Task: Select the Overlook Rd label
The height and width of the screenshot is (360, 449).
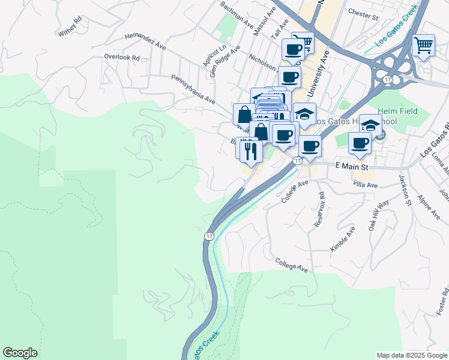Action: coord(121,58)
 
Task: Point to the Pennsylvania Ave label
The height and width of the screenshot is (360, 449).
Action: coord(193,88)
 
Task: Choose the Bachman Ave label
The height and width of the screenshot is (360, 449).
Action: coord(237,14)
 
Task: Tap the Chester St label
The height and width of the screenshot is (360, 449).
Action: coord(363,14)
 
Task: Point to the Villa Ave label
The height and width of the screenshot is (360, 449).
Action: coord(365,185)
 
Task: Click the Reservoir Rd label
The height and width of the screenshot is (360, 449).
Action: coord(320,209)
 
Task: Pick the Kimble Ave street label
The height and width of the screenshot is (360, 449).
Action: coord(343,239)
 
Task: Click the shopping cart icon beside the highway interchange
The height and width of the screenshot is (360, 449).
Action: coord(424,46)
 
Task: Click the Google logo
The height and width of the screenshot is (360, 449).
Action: coord(20,353)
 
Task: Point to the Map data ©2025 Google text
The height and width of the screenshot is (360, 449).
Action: coord(411,355)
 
